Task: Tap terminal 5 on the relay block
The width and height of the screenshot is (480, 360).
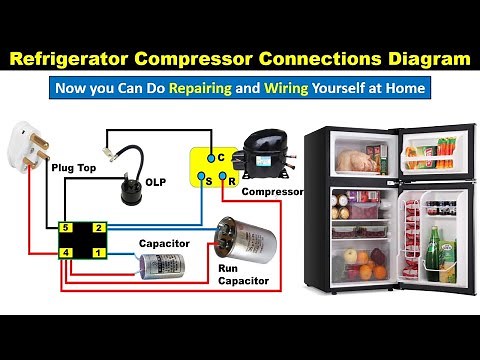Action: click(x=66, y=229)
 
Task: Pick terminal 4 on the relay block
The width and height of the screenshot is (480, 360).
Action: click(x=66, y=254)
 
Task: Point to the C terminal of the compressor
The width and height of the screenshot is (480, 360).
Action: click(x=207, y=158)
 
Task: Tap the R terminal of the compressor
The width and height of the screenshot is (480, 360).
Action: click(x=231, y=181)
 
